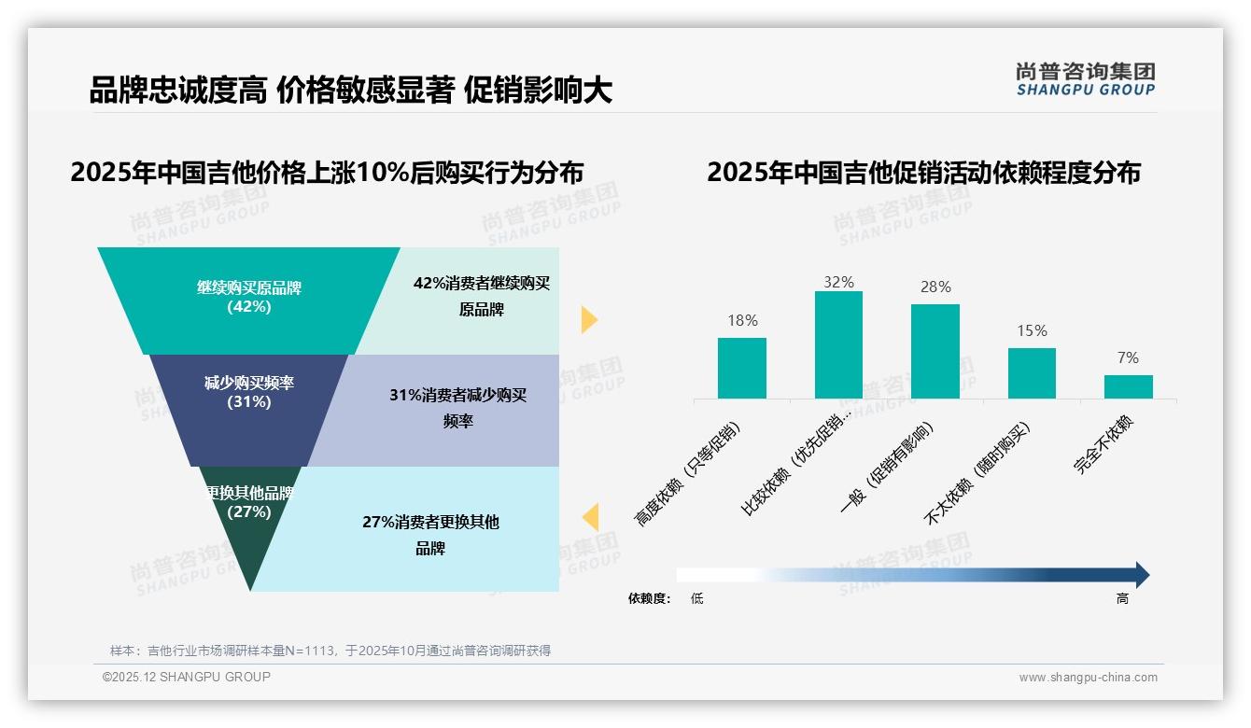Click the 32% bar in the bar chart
(838, 344)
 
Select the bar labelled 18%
(741, 368)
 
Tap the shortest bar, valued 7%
(1128, 386)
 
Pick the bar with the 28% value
(935, 351)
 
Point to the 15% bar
(1032, 373)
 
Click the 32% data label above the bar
(838, 282)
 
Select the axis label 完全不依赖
(1103, 445)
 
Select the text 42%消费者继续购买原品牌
(482, 296)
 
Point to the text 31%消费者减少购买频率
(457, 408)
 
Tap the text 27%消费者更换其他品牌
(430, 535)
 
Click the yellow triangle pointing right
(588, 319)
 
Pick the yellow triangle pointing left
(590, 517)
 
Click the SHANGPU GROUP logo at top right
(1085, 79)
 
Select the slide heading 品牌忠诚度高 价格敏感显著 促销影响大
(350, 91)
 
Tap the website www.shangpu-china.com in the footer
(1088, 678)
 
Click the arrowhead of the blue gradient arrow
(1141, 575)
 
